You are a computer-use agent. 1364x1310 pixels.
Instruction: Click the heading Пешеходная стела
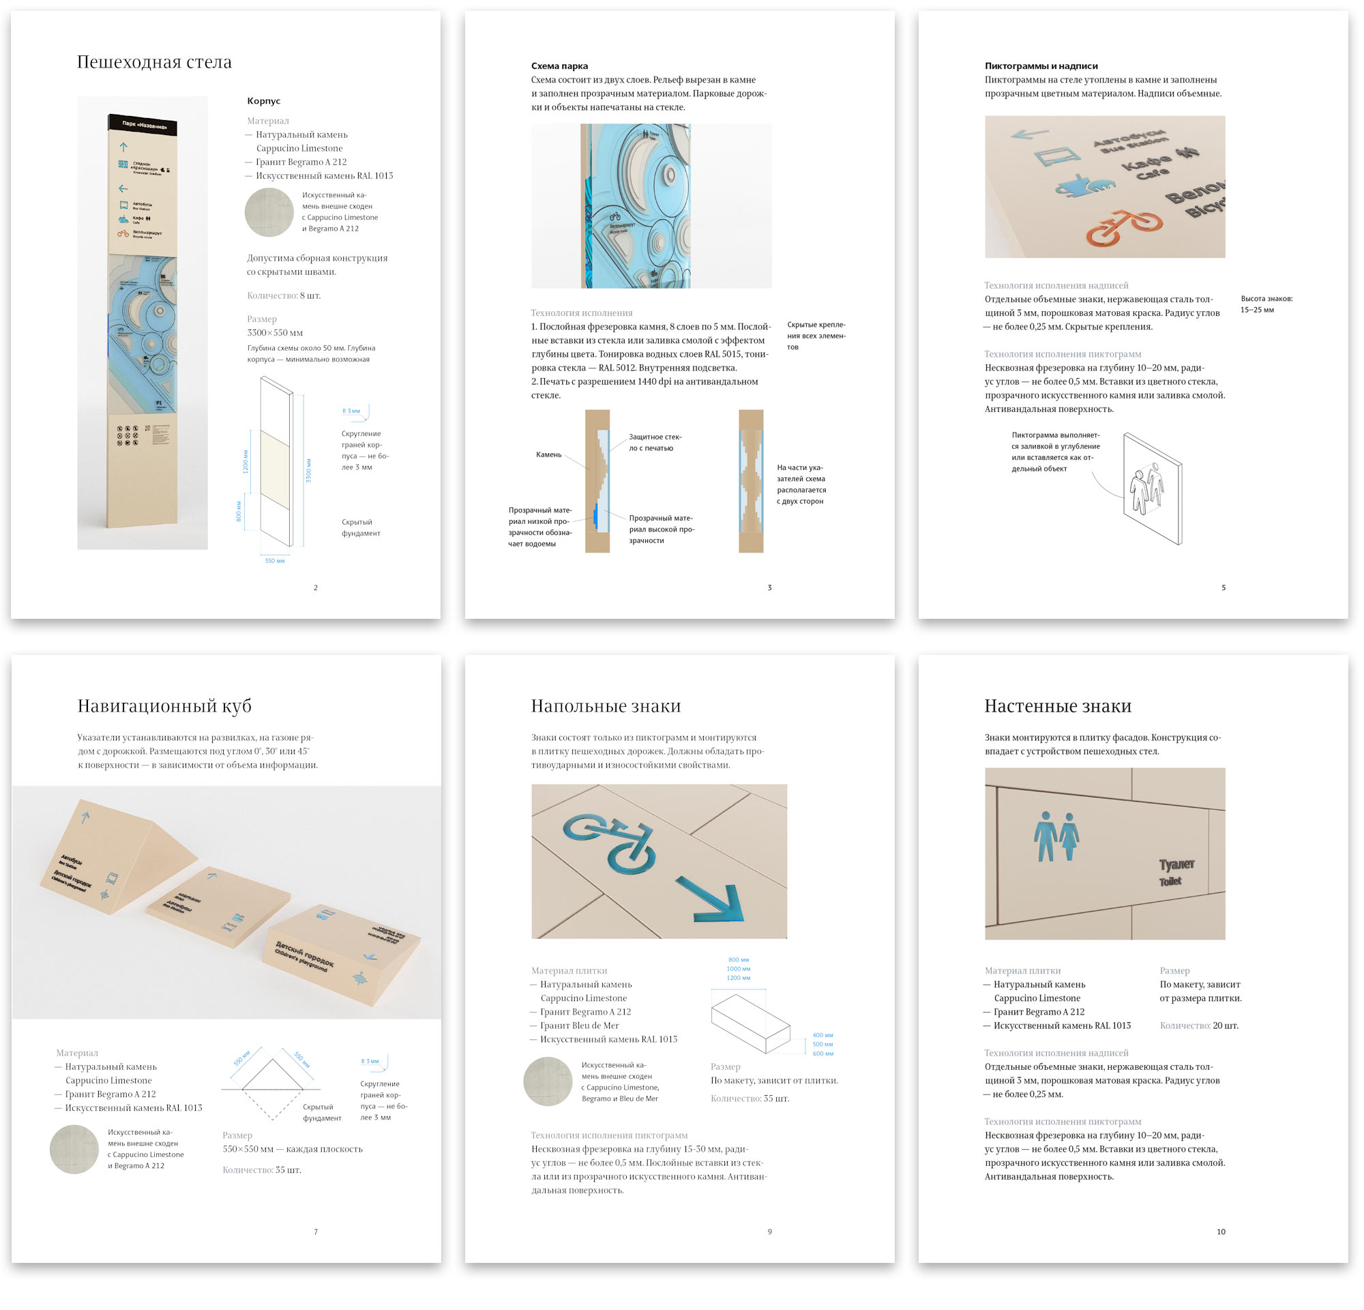[x=154, y=63]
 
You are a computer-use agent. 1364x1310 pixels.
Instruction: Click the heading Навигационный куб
[x=164, y=706]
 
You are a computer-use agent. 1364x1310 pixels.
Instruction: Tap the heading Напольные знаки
[x=606, y=706]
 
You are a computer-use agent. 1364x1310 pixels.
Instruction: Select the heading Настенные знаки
[x=1058, y=706]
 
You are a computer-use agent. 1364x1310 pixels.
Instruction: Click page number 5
[x=1224, y=587]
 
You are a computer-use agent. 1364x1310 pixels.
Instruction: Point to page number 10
[x=1221, y=1232]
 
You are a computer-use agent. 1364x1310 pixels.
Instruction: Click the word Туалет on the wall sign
[x=1176, y=864]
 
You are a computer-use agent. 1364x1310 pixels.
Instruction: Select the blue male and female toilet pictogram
[x=1056, y=835]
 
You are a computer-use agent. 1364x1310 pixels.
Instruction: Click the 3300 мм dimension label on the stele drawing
[x=308, y=471]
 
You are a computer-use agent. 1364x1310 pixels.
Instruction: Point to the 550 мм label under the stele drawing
[x=274, y=561]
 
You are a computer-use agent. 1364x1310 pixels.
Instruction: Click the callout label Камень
[x=548, y=454]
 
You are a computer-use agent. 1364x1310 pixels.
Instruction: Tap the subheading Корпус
[x=264, y=101]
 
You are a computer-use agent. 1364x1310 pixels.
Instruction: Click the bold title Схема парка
[x=559, y=66]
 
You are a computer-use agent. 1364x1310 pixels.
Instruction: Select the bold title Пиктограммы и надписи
[x=1041, y=66]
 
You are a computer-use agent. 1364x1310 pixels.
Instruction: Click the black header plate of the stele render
[x=143, y=124]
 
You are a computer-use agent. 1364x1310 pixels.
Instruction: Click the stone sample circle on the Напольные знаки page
[x=548, y=1081]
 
